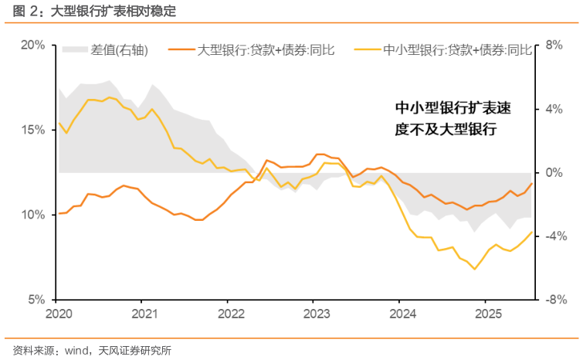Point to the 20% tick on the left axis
[x=32, y=45]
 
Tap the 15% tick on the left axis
[x=32, y=130]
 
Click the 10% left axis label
[x=32, y=215]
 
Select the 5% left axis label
[x=36, y=300]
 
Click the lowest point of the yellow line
[x=475, y=269]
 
